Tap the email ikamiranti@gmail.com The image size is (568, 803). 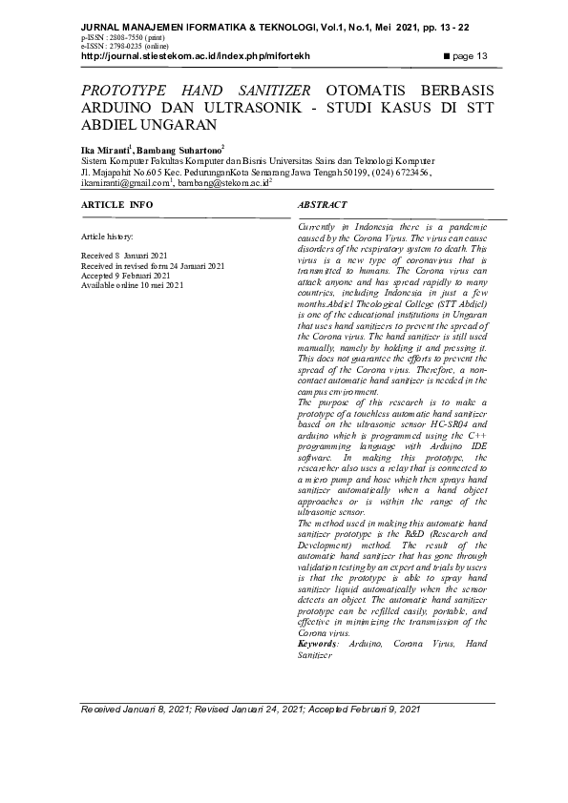pyautogui.click(x=124, y=181)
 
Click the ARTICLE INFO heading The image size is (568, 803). pyautogui.click(x=116, y=205)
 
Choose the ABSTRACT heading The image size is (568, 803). pyautogui.click(x=322, y=205)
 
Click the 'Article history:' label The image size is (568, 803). pyautogui.click(x=108, y=235)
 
